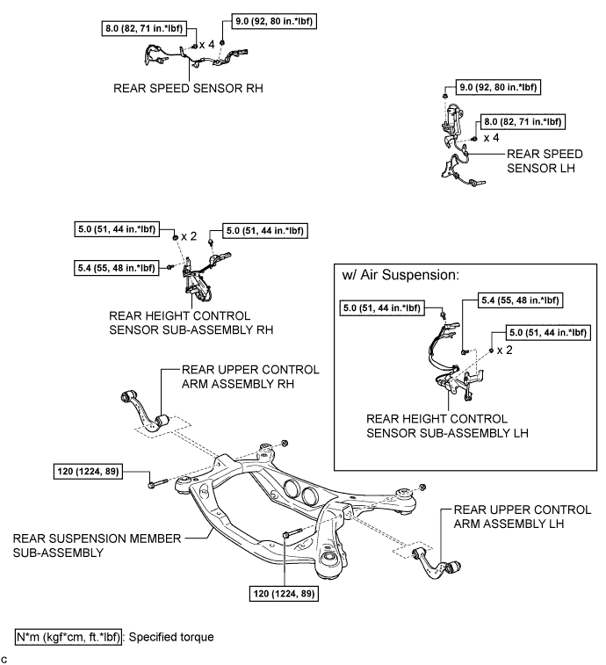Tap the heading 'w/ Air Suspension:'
click(x=400, y=275)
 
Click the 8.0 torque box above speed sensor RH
click(x=145, y=27)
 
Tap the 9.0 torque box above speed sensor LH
click(x=500, y=88)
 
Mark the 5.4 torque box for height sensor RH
click(x=118, y=266)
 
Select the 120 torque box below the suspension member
click(x=285, y=594)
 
